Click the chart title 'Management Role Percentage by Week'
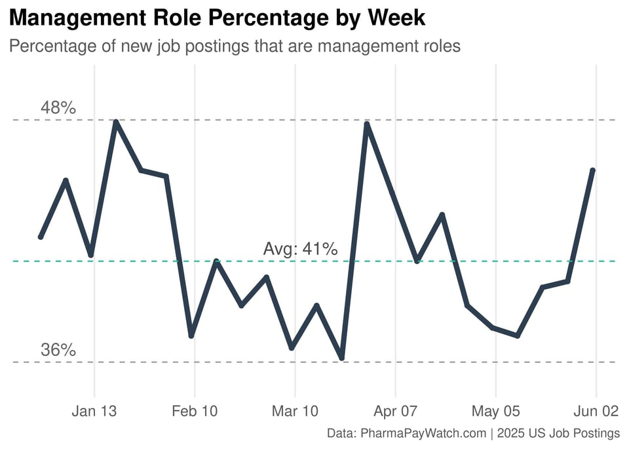217,18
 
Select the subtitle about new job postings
235,47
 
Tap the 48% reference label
58,107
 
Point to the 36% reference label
58,350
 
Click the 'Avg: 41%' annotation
300,249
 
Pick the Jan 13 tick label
94,412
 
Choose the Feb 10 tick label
195,412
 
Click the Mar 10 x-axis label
295,412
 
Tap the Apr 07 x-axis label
396,412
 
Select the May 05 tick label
496,412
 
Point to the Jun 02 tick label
596,412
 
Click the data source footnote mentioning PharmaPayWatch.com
473,433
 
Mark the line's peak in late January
116,122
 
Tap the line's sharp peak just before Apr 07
367,123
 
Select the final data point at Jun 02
593,170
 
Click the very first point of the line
41,237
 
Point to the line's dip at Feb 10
191,336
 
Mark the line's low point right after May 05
518,336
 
